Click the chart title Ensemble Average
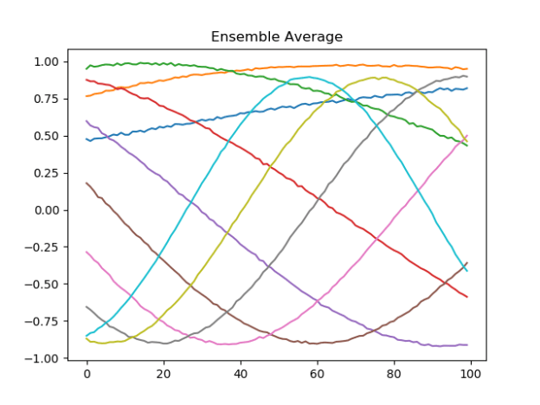click(277, 36)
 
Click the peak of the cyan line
click(310, 77)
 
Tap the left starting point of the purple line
click(87, 121)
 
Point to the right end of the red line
click(467, 297)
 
